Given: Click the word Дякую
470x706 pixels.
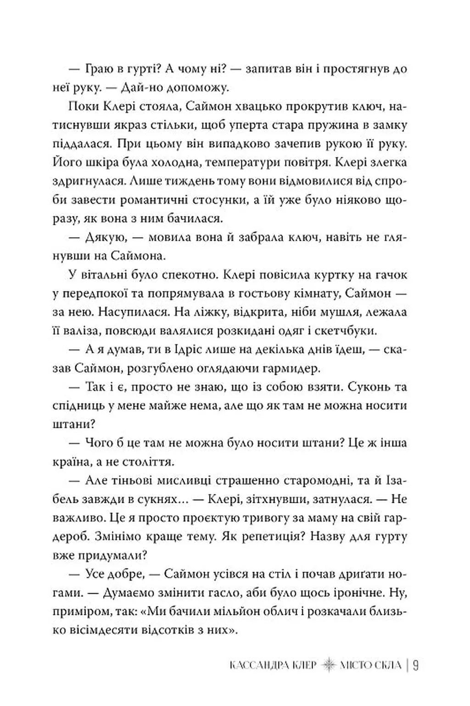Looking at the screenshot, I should pyautogui.click(x=103, y=238).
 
